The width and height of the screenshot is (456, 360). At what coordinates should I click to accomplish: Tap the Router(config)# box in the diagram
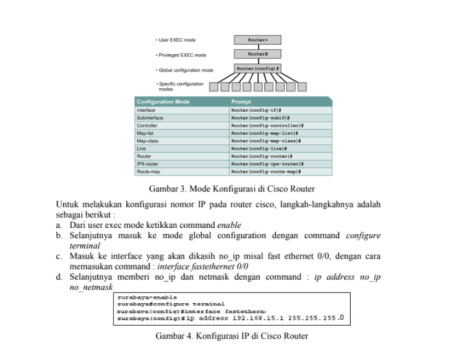point(258,68)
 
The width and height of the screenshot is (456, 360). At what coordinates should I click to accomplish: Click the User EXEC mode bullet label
point(176,40)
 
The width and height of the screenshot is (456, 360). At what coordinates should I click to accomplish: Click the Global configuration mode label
point(185,70)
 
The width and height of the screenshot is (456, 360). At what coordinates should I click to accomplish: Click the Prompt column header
point(241,101)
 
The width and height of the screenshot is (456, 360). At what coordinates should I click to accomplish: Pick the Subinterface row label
point(149,117)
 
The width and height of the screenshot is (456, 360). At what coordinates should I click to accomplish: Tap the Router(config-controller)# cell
point(267,125)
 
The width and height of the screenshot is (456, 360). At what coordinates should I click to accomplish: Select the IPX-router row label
point(148,163)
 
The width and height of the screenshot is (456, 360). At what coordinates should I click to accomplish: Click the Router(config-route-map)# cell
point(266,171)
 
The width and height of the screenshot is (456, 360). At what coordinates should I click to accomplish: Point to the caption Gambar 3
point(231,188)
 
